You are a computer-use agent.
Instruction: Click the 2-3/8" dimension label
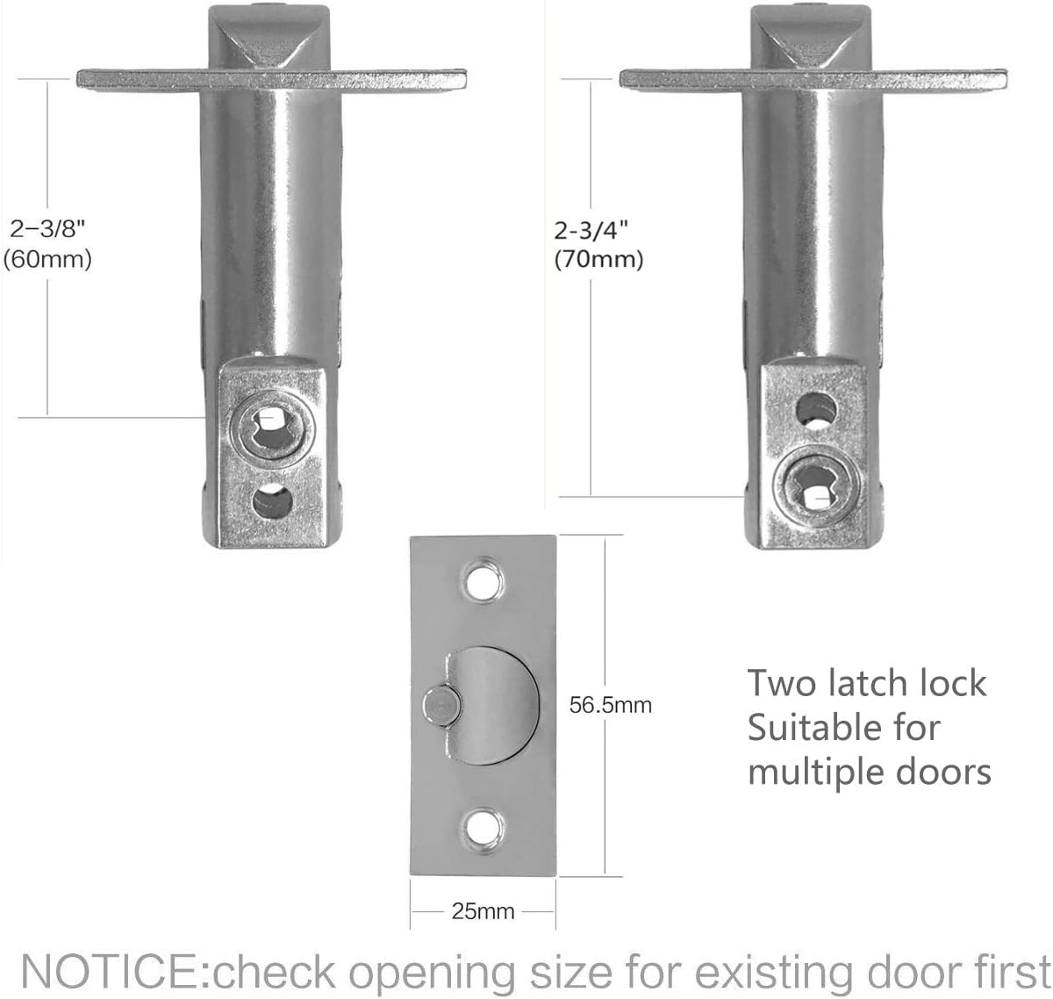(47, 230)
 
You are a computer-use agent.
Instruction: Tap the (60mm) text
(47, 260)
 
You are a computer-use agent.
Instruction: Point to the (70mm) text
(598, 260)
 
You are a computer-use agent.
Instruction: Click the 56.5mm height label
(610, 705)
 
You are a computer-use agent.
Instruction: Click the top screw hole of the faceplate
(481, 582)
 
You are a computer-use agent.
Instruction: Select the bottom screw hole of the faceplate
(481, 828)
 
